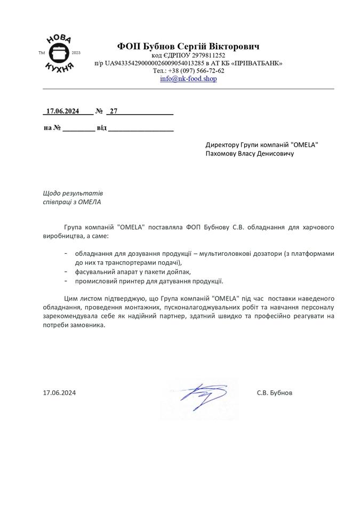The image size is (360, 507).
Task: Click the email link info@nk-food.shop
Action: (x=188, y=78)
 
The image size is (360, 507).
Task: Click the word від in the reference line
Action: (x=101, y=128)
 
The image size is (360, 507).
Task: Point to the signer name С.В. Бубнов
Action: (x=274, y=393)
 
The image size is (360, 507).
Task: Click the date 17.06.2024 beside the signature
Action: (x=59, y=393)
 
